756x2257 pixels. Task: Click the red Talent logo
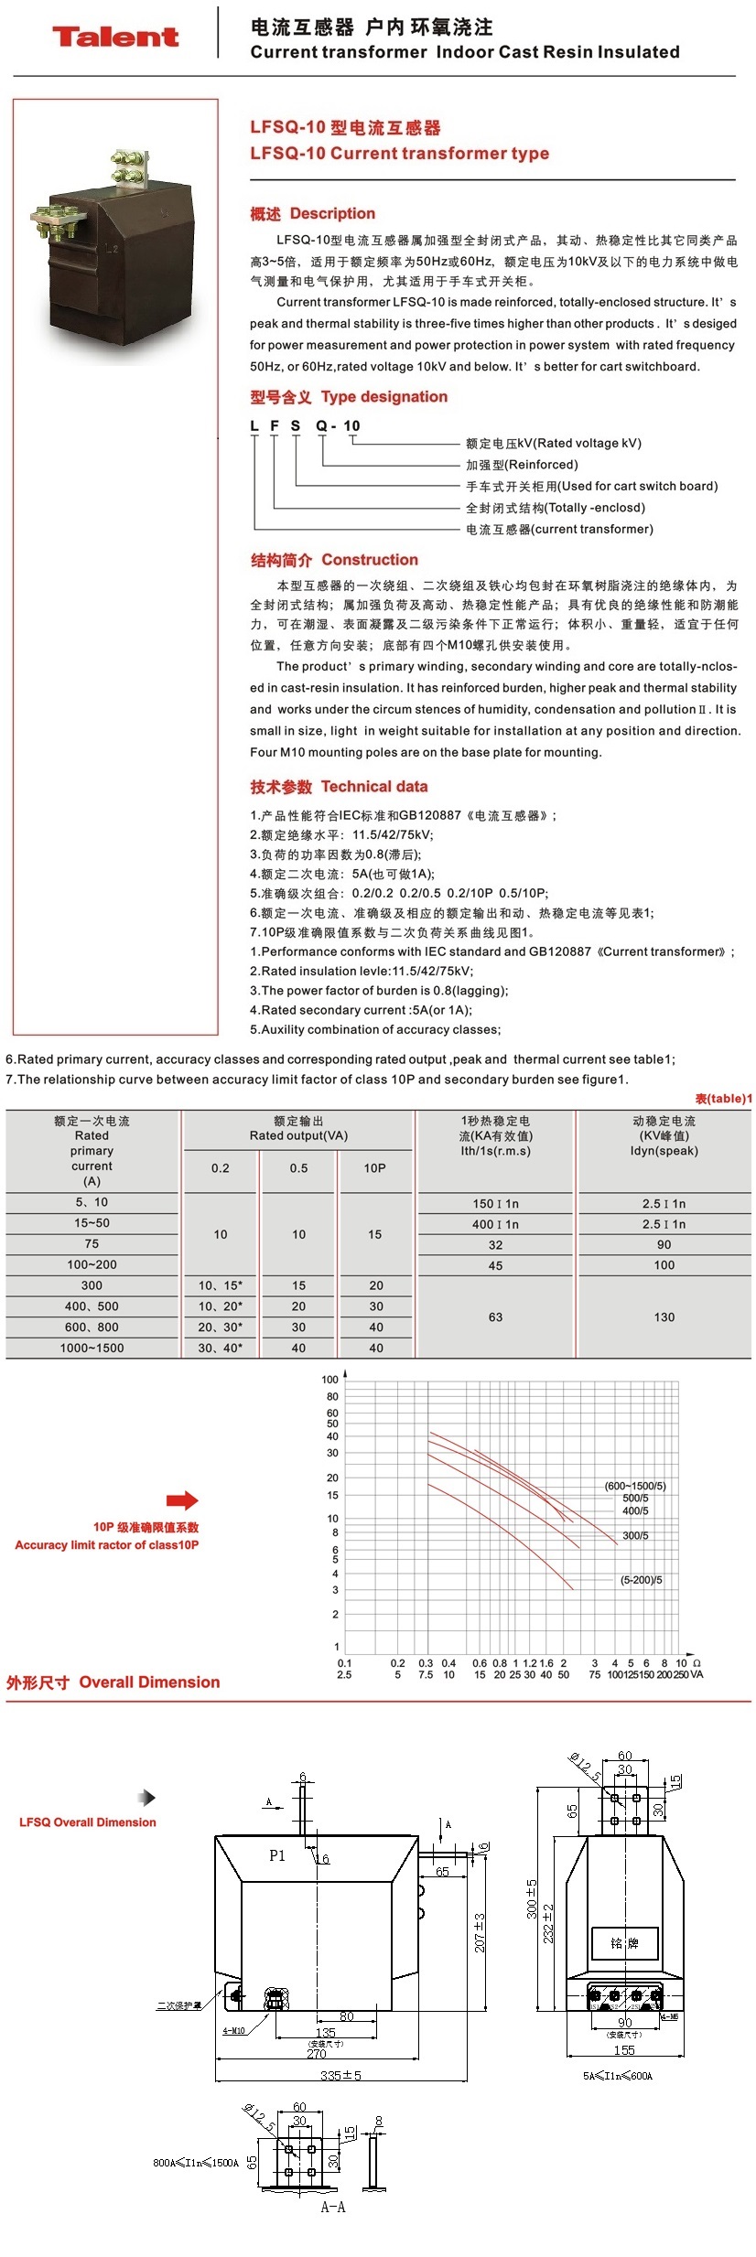114,37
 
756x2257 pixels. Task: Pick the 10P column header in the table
374,1168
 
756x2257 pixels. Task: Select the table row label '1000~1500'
92,1348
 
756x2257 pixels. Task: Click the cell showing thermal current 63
495,1317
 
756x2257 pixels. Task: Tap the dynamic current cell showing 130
664,1317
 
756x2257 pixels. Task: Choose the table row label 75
92,1244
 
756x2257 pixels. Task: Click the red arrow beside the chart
182,1500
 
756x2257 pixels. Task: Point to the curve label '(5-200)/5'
641,1580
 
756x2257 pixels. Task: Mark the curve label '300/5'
635,1536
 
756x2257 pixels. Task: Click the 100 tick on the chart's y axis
329,1380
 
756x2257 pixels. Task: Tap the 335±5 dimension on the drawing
340,2076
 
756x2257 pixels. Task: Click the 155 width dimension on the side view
624,2050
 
